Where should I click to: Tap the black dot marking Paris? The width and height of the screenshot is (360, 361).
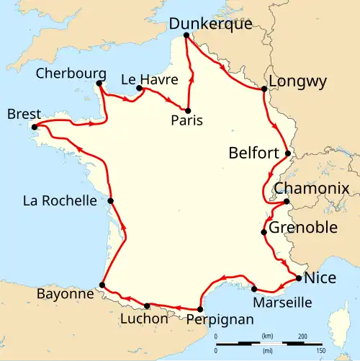click(x=189, y=110)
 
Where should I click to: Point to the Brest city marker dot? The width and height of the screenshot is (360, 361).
click(x=34, y=128)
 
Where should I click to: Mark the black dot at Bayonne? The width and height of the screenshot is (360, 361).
click(x=102, y=285)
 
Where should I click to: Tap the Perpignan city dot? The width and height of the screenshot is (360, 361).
click(x=199, y=308)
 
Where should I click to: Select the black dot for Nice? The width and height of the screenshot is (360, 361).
click(x=298, y=278)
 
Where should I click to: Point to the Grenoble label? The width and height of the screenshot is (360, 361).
click(x=303, y=228)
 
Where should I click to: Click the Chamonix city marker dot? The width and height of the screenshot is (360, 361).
click(x=286, y=202)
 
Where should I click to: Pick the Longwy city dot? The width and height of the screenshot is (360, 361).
click(x=264, y=89)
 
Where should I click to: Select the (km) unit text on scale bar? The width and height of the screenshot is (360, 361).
click(x=268, y=337)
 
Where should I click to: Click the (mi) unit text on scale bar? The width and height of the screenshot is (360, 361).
click(x=268, y=349)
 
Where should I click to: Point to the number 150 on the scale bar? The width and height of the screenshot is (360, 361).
click(x=322, y=349)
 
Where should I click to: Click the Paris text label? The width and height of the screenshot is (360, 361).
click(x=188, y=121)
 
